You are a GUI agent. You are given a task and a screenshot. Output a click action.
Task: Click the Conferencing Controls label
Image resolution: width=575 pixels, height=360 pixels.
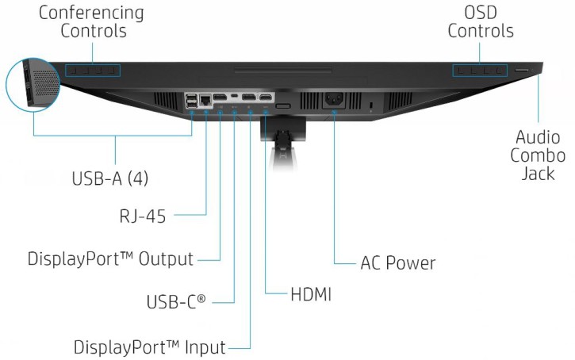[91, 22]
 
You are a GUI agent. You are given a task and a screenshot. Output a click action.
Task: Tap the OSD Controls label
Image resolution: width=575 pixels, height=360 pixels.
[480, 22]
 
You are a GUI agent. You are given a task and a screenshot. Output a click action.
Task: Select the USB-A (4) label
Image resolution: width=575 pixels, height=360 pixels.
[109, 178]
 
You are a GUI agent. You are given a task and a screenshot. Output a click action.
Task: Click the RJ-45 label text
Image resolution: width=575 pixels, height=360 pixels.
[141, 216]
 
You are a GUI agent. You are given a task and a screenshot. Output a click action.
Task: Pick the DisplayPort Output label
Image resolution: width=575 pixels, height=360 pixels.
[110, 259]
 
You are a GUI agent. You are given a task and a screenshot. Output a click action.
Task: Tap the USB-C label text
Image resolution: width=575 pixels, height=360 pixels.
[176, 302]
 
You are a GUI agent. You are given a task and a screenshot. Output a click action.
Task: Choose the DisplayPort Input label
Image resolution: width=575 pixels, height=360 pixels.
[150, 347]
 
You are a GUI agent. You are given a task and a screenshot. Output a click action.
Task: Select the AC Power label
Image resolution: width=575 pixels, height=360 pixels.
[397, 262]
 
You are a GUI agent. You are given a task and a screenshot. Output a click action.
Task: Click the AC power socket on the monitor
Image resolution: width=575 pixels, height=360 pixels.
[333, 101]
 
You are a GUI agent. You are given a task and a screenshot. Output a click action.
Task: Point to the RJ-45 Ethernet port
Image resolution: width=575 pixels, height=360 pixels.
[207, 101]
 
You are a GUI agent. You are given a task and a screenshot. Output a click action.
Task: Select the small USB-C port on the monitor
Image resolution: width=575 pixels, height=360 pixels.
[235, 97]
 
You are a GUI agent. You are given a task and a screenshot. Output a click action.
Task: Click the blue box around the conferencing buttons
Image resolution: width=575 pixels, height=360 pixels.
[92, 71]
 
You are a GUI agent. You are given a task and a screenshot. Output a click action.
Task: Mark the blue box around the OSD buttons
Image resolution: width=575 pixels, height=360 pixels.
[480, 71]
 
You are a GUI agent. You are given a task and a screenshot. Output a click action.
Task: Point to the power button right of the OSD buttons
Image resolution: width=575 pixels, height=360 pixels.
[523, 71]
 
